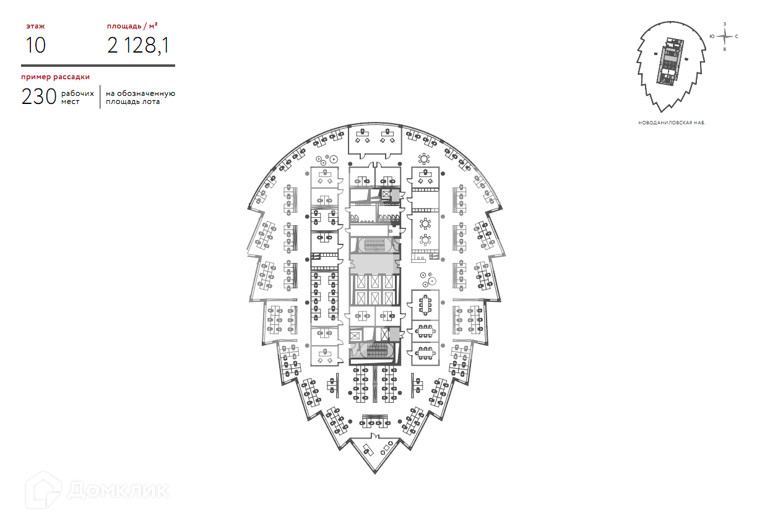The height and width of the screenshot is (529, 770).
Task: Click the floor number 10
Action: pos(35,46)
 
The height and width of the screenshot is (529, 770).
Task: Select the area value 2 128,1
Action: pos(138,46)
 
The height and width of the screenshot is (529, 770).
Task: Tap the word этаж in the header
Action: pos(35,26)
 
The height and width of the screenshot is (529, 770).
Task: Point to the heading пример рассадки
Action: pos(55,77)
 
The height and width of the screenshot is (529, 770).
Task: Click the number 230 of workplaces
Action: pos(39,97)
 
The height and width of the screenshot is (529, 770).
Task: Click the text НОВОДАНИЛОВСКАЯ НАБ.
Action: pos(672,123)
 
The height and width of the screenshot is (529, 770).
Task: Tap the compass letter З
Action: pos(725,24)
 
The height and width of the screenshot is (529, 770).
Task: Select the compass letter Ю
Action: pos(712,37)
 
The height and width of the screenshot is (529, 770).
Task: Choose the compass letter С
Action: pos(737,37)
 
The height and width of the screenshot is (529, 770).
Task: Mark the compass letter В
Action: pos(725,49)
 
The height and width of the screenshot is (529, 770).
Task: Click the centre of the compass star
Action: pos(725,37)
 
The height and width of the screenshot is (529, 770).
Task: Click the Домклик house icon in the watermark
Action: pos(43,490)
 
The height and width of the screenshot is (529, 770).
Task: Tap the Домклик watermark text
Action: pos(118,490)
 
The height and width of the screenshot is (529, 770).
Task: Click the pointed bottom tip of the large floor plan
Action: pos(374,473)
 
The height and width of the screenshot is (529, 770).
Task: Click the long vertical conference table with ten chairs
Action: pos(425,304)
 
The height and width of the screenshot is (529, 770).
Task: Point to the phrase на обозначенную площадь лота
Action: pos(141,98)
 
